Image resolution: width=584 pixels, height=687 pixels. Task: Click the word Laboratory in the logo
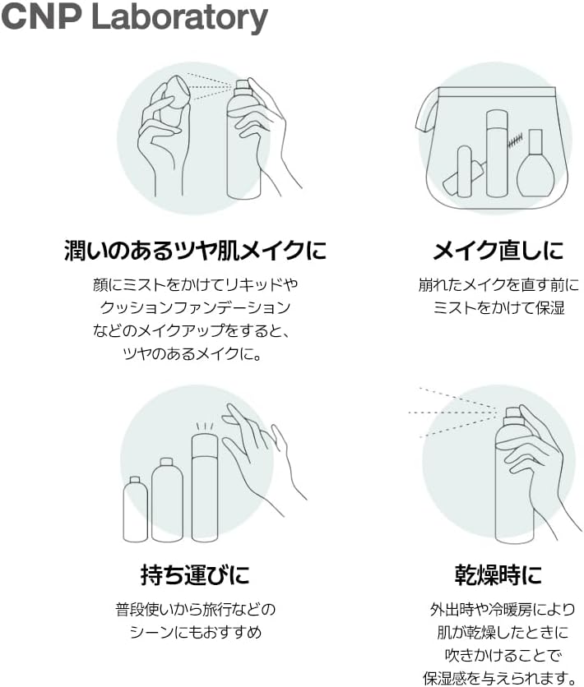180,17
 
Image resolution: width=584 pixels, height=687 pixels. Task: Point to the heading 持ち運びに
196,574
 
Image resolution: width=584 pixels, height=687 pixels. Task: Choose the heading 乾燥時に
498,574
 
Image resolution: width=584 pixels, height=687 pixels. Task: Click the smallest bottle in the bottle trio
135,509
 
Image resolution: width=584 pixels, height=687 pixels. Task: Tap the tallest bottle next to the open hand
205,487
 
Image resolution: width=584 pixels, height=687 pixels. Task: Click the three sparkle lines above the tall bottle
205,426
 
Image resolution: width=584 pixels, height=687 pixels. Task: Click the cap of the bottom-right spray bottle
512,417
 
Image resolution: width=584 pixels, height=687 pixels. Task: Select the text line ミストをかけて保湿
498,307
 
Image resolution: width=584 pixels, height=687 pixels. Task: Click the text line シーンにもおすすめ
196,632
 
